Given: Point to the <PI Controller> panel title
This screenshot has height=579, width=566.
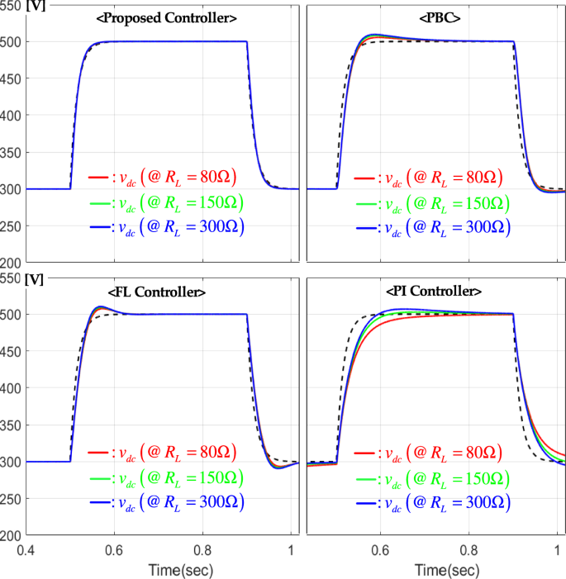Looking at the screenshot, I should [435, 291].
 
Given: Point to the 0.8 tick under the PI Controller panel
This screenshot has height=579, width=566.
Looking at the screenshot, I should [469, 550].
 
